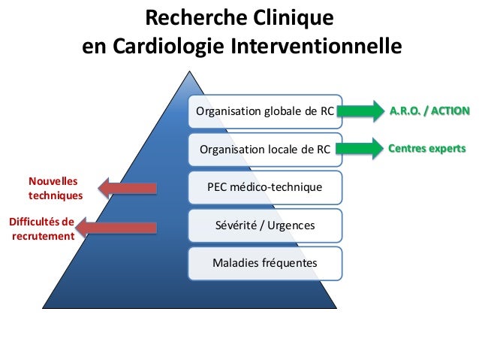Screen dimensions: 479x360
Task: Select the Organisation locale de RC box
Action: point(264,149)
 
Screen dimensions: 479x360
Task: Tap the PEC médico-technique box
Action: point(264,186)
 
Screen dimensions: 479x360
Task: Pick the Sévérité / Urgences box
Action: point(264,225)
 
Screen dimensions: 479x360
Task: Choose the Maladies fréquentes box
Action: point(264,263)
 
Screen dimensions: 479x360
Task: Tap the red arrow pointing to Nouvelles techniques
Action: point(127,188)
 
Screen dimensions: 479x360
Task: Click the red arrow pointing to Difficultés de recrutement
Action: point(117,226)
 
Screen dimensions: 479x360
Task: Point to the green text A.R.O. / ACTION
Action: point(429,111)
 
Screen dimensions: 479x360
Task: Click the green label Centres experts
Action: point(426,148)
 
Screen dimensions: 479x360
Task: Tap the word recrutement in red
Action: point(43,235)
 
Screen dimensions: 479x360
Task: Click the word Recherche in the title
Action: point(190,17)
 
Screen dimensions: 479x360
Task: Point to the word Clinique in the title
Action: point(289,17)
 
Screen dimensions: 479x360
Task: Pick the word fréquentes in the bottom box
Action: point(288,263)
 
